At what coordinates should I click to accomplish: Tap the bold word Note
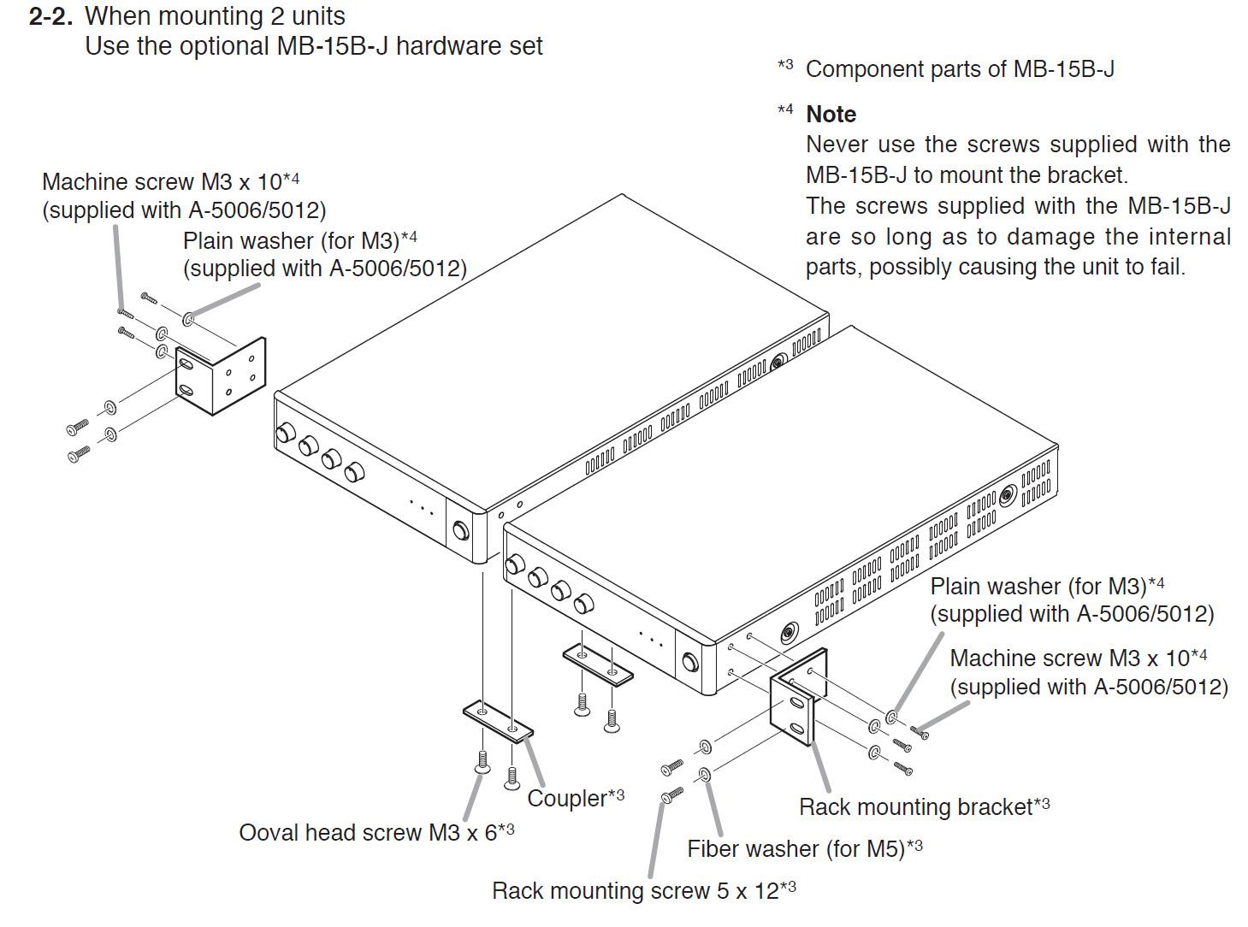coord(831,115)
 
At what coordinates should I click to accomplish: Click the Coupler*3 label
coord(575,798)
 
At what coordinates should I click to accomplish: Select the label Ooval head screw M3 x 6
coord(376,832)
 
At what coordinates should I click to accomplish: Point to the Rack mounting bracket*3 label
coord(924,806)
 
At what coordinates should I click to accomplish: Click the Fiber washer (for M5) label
coord(804,848)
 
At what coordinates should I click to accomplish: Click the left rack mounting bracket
coord(222,376)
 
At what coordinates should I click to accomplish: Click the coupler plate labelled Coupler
coord(498,720)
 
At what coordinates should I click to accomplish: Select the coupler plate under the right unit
coord(597,664)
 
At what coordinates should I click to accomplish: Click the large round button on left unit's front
coord(460,531)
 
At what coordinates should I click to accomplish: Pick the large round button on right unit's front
coord(689,663)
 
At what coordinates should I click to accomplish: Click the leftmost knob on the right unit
coord(516,565)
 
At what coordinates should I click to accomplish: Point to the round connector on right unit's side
coord(789,634)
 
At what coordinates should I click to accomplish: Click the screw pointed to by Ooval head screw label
coord(482,761)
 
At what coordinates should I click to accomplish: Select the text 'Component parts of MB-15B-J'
coord(960,69)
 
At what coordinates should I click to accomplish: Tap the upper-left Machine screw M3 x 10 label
coord(170,182)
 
